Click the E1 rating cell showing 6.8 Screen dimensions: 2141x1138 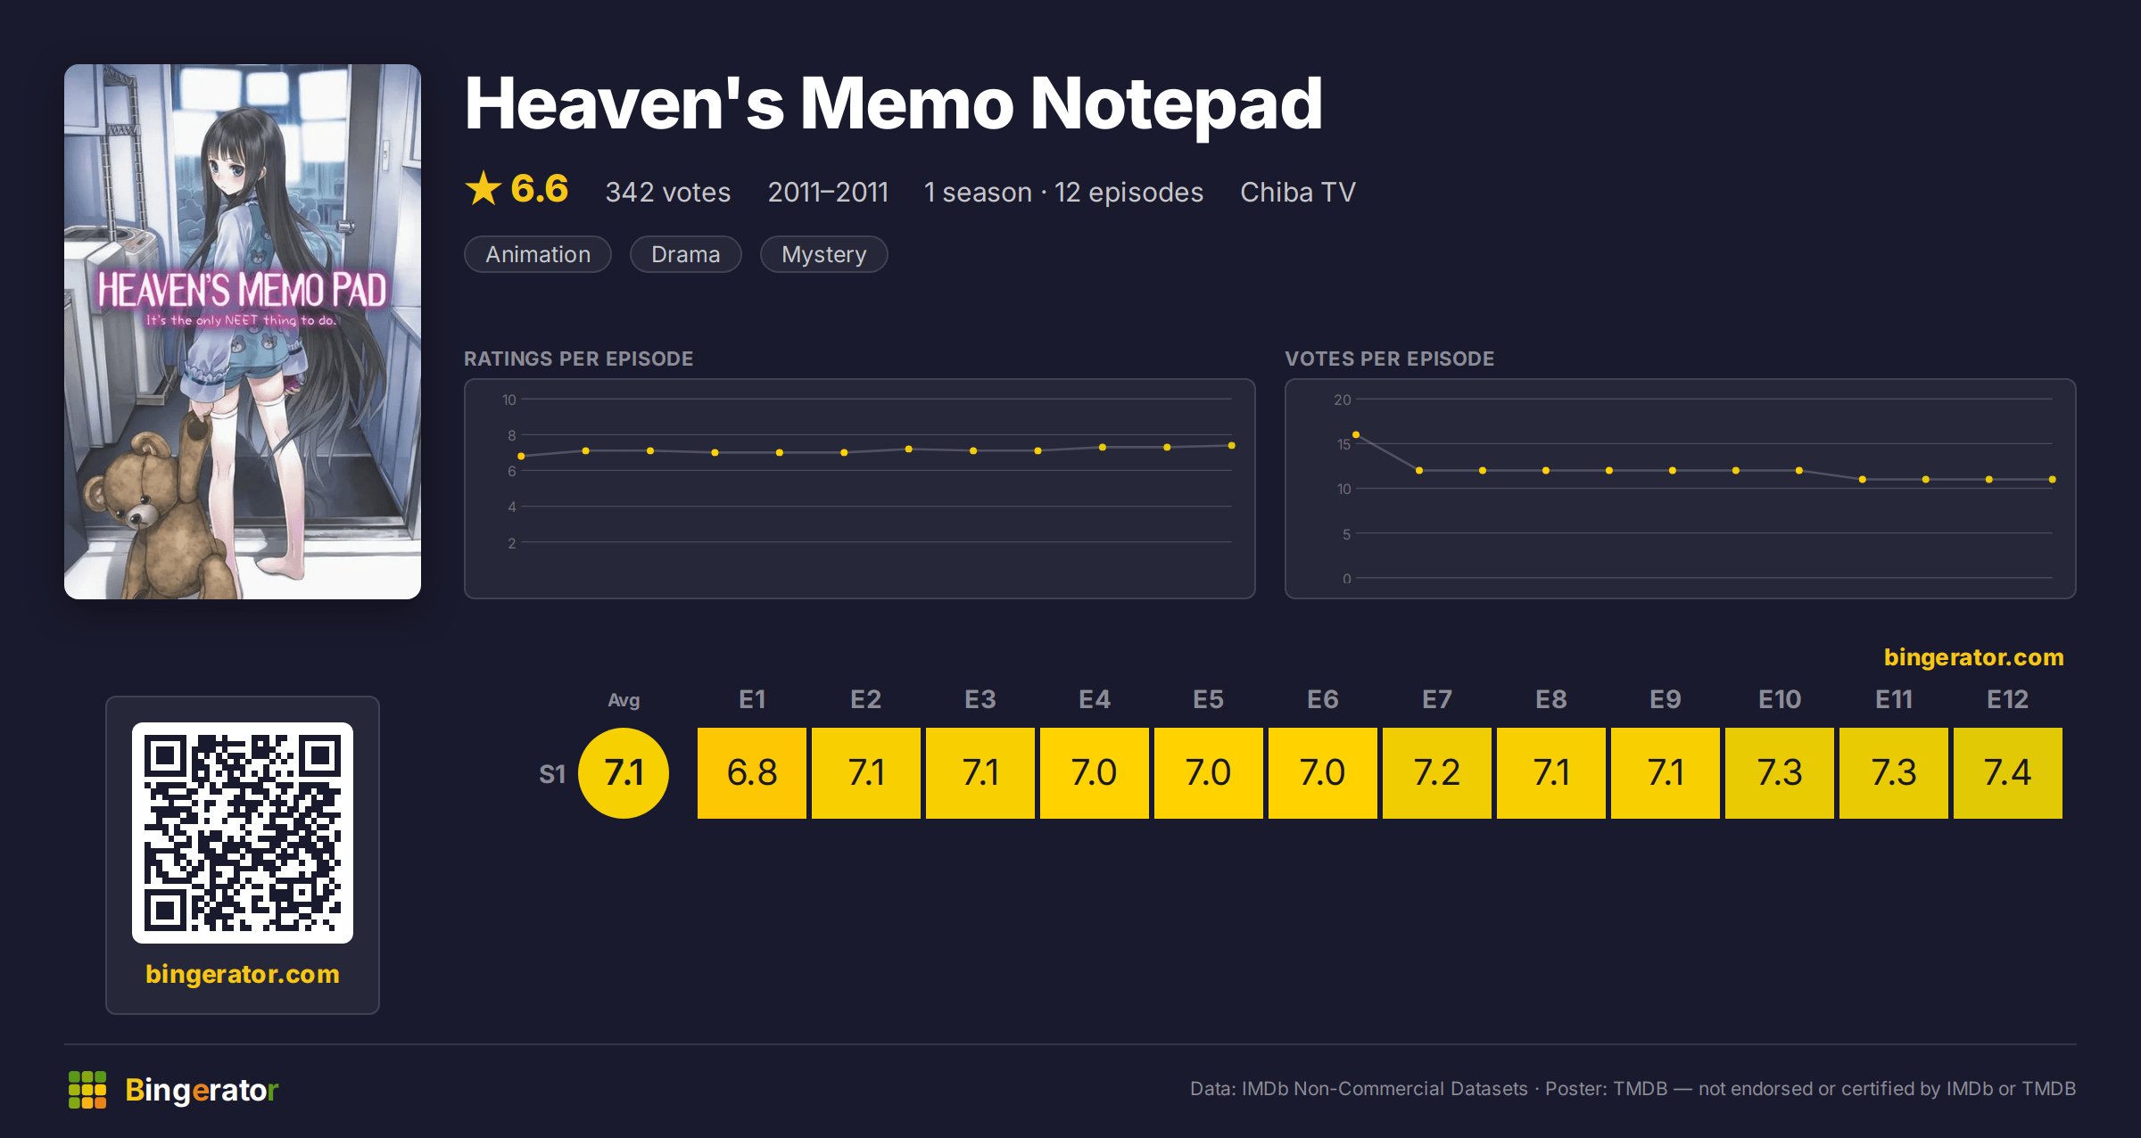pos(752,772)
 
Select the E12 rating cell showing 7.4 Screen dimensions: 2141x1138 pos(2008,772)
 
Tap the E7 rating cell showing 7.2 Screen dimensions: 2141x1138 pos(1437,772)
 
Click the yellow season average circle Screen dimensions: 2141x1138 pos(624,772)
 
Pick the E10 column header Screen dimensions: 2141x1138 pos(1780,699)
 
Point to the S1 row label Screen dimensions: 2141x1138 pos(552,774)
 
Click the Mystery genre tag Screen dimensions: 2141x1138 pos(823,254)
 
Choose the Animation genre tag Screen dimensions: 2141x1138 pos(538,254)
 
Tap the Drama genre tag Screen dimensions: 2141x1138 pos(685,254)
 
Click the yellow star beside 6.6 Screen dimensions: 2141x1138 pos(484,188)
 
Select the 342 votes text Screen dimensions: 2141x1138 pos(668,192)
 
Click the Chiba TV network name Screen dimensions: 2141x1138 pos(1298,192)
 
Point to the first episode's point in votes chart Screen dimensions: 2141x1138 pos(1356,434)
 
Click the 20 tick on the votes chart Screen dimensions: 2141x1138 pos(1342,400)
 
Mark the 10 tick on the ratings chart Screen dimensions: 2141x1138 pos(508,400)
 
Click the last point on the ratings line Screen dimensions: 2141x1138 pos(1231,445)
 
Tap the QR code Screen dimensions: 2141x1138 pos(243,833)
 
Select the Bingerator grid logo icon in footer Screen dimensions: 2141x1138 pos(87,1090)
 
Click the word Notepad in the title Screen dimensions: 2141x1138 pos(1176,105)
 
